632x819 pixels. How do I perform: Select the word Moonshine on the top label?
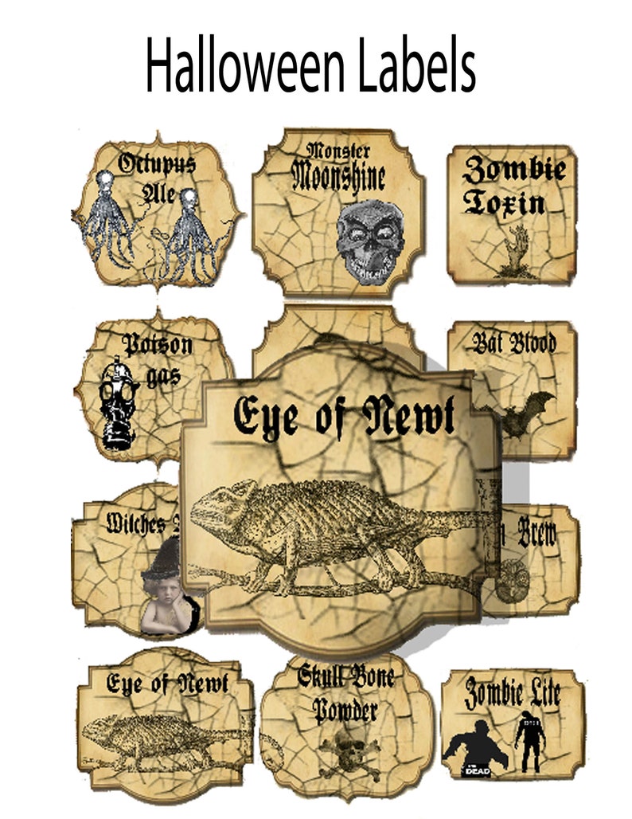click(337, 176)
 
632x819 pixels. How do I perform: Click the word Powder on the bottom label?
click(345, 708)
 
